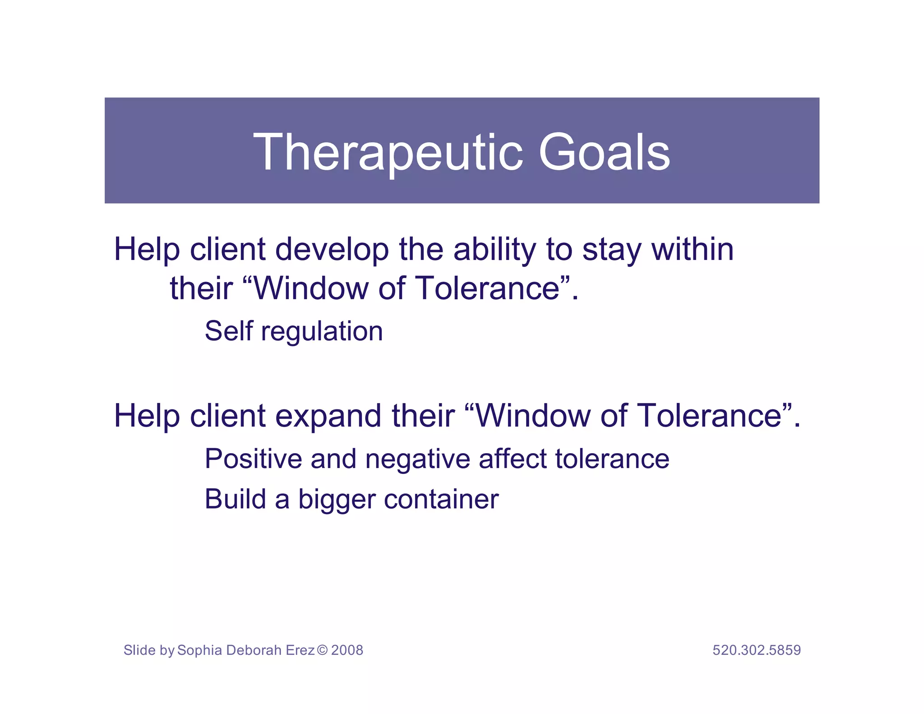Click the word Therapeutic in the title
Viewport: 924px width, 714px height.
(x=388, y=153)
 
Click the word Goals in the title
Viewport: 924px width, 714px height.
(x=604, y=153)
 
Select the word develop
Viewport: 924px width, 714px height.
(x=332, y=250)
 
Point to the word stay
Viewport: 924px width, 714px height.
(x=611, y=250)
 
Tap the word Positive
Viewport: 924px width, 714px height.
(x=253, y=459)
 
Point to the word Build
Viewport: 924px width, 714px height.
(x=235, y=499)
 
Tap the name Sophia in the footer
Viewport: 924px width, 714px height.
(x=200, y=650)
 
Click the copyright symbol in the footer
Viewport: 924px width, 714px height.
(x=322, y=650)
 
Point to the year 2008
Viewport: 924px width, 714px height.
(x=347, y=650)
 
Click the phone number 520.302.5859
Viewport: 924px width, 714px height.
(x=757, y=650)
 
